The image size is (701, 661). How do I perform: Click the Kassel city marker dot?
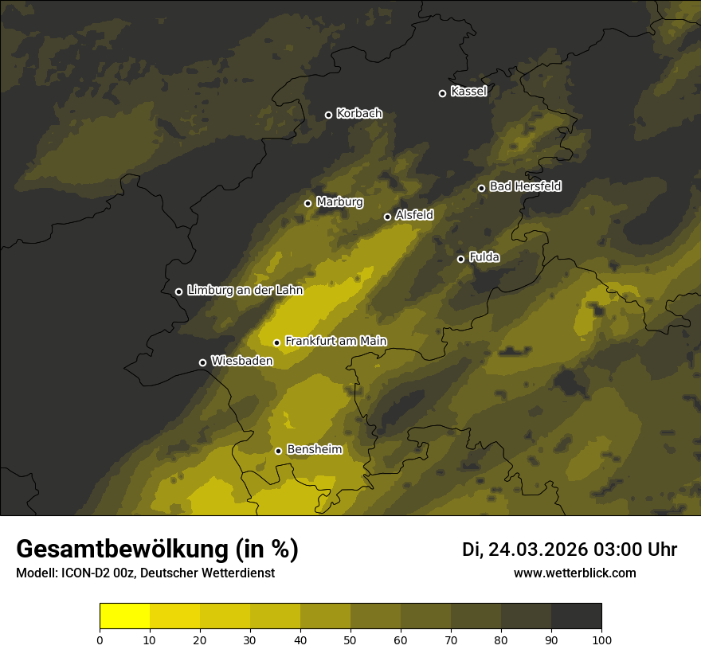442,93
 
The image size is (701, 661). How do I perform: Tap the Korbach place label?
358,114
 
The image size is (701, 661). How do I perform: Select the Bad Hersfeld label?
525,186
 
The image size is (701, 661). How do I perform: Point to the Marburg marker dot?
307,203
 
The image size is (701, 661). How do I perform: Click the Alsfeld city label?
414,215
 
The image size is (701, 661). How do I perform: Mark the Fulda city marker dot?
460,259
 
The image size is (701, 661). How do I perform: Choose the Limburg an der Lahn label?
245,291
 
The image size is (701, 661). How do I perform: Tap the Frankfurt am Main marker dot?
276,342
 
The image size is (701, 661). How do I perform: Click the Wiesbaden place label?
241,362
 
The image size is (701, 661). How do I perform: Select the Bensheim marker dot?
278,451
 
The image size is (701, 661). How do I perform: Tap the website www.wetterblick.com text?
574,573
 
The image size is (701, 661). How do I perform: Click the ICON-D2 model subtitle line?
145,573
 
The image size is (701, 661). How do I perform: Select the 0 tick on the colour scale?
100,639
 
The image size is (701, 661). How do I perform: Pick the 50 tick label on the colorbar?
350,639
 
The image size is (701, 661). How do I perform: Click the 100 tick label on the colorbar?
601,639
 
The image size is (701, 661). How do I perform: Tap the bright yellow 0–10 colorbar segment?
124,616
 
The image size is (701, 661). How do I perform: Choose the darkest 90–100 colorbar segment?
576,616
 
